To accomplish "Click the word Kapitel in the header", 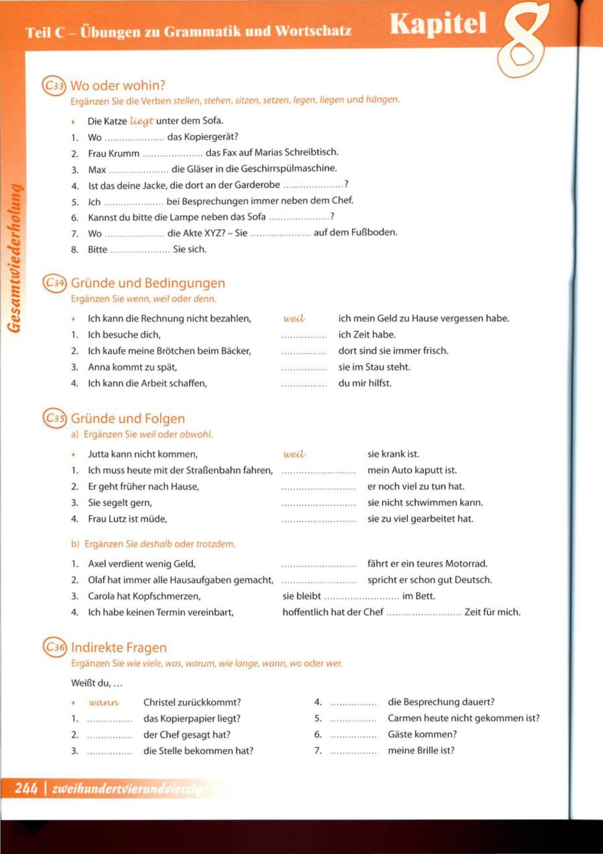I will tap(438, 24).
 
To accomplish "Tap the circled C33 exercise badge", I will tap(54, 86).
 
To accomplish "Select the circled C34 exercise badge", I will tap(54, 283).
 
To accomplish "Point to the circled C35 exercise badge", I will tap(54, 418).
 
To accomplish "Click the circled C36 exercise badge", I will tap(54, 647).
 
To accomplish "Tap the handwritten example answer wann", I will tap(104, 703).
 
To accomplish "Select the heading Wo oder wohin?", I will tap(118, 86).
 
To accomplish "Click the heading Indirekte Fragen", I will tap(119, 648).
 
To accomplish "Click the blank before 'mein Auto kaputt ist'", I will tap(318, 472).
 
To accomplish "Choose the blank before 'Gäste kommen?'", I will tap(353, 736).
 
